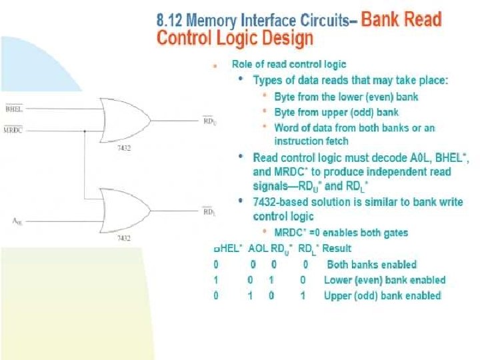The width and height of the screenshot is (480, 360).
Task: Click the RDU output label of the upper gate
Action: click(209, 120)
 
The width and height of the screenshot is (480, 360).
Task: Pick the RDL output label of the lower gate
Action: click(209, 211)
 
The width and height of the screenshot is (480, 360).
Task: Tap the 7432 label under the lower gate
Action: click(123, 237)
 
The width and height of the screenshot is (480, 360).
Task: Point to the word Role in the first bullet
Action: click(243, 65)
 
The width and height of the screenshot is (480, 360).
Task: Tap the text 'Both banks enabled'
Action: click(371, 265)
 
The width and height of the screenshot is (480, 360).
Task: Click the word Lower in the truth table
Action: click(339, 280)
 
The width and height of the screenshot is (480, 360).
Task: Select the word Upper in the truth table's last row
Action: click(339, 295)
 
